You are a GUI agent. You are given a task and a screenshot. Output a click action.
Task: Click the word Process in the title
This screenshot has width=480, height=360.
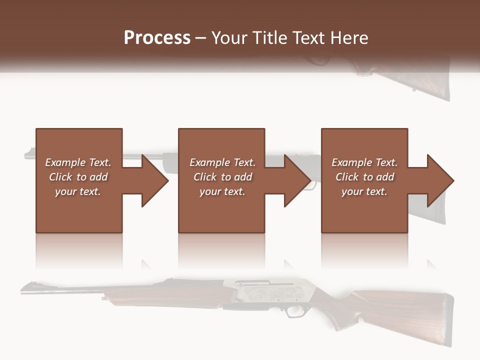[157, 38]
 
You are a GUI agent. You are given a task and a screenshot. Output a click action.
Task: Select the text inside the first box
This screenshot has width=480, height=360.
[78, 177]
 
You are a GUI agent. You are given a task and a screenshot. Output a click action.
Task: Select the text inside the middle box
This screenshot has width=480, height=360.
[222, 177]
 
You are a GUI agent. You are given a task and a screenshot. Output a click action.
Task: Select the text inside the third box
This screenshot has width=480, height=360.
[364, 177]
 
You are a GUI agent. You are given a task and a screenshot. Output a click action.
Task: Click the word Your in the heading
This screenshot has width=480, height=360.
[229, 38]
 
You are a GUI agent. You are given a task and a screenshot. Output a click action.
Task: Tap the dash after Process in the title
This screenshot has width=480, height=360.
[201, 38]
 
